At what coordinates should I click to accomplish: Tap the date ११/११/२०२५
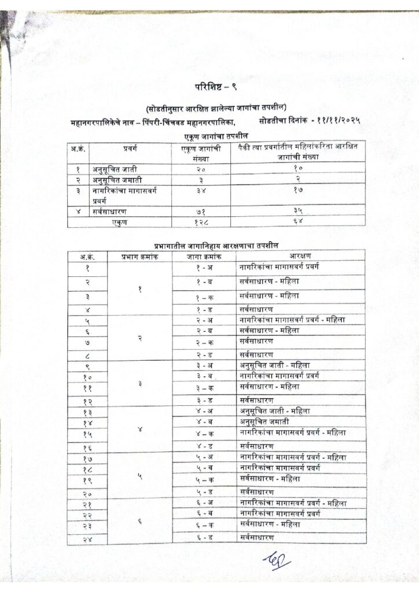tap(339, 121)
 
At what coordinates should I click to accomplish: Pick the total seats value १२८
tap(203, 221)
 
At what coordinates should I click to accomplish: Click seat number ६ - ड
tap(204, 538)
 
